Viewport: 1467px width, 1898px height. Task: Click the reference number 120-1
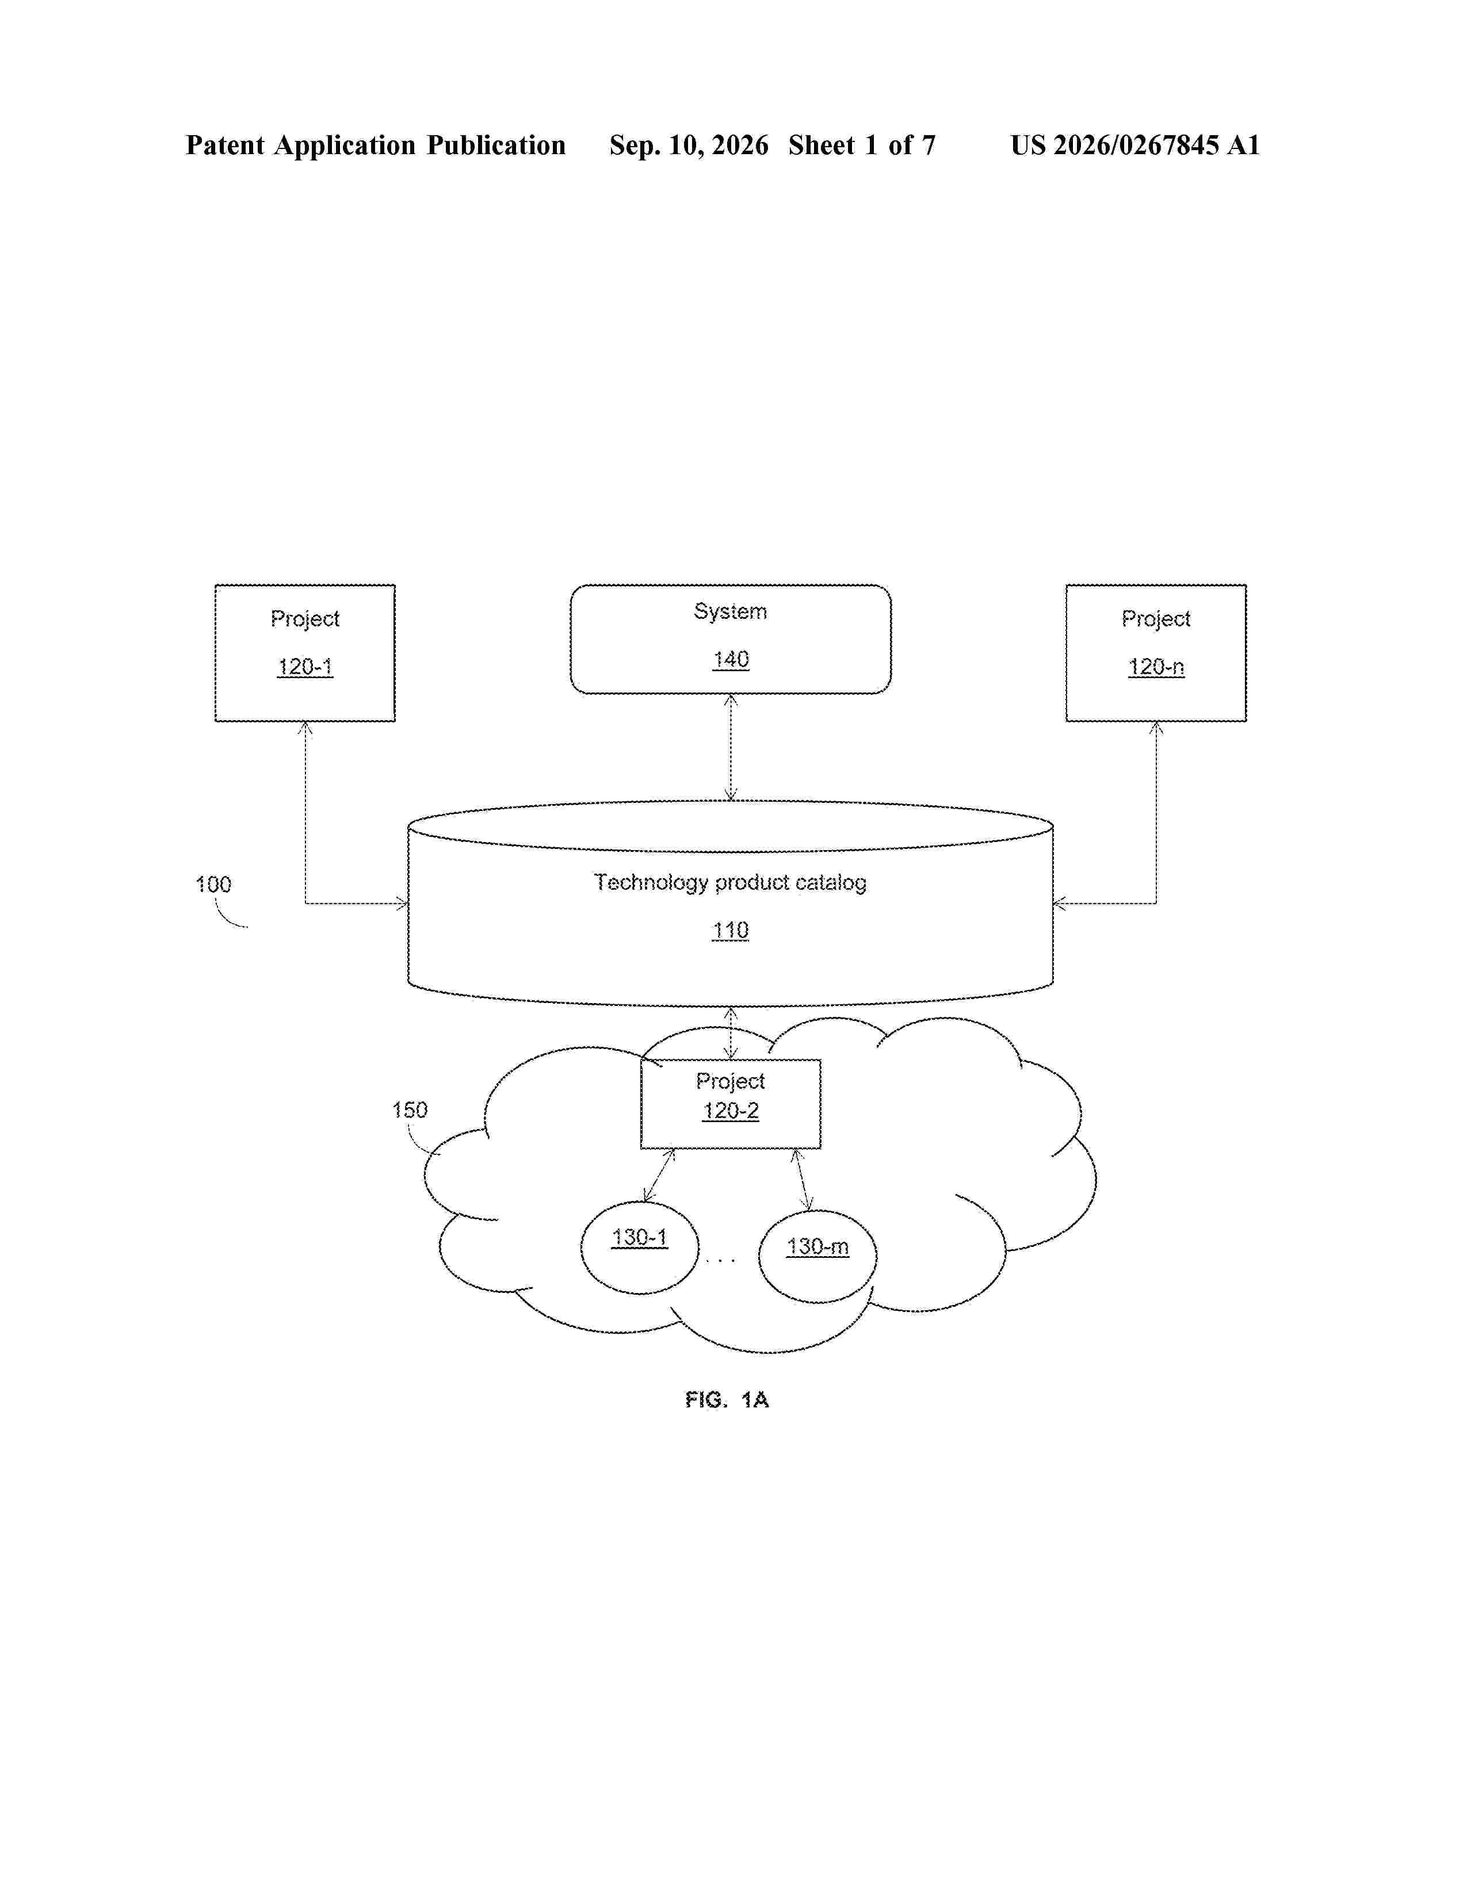coord(305,667)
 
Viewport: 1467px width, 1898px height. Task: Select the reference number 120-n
coord(1156,667)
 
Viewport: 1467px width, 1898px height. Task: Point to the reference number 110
coord(731,931)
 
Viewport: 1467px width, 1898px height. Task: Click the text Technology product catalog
coord(730,883)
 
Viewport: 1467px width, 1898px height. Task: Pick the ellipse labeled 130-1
coord(640,1247)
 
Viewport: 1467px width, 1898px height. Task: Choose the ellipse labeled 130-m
coord(818,1256)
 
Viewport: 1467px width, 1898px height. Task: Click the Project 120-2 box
coord(731,1104)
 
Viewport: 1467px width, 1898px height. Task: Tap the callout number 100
coord(213,885)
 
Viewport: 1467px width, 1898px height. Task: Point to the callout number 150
coord(410,1110)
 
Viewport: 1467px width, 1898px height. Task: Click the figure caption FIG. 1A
coord(727,1399)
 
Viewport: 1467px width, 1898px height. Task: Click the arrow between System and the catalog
coord(731,747)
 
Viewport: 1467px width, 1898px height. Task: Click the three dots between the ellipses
coord(720,1259)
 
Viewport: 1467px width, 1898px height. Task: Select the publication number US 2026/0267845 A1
coord(1135,145)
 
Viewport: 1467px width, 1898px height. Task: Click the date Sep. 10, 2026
coord(689,145)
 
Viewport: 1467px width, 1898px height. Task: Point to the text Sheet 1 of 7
coord(862,145)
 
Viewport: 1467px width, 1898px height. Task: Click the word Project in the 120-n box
coord(1156,619)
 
